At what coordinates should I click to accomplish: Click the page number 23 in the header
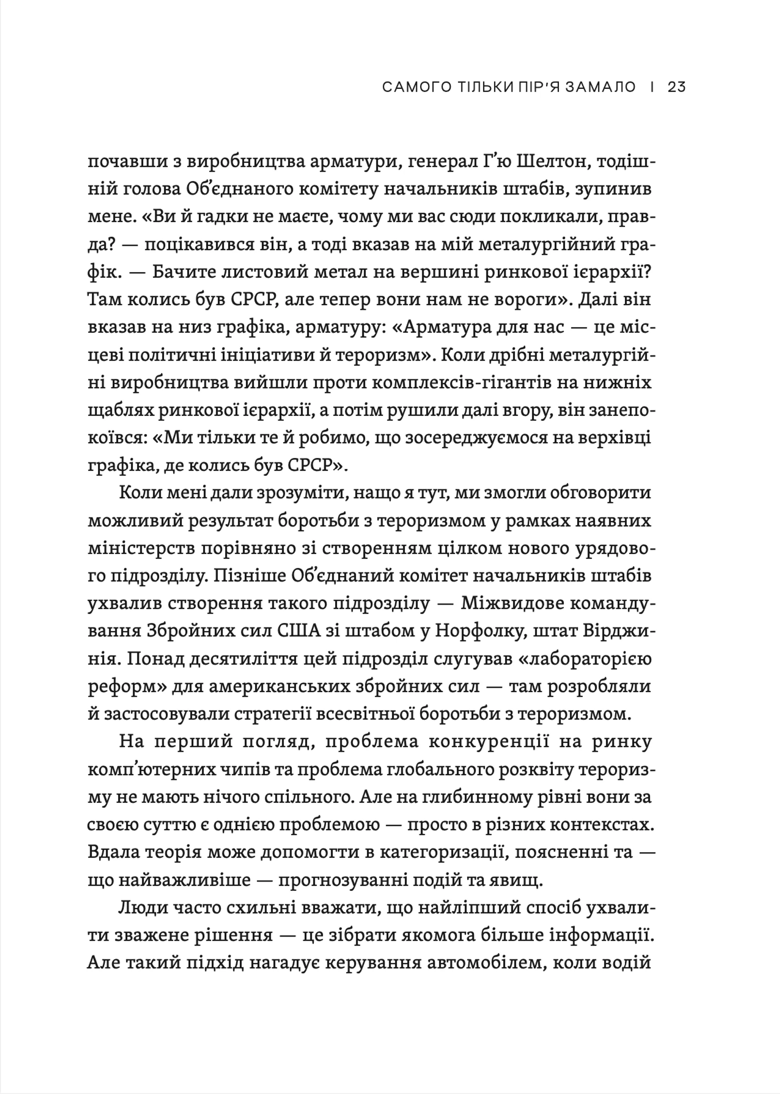point(676,87)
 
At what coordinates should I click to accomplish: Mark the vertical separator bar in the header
point(651,87)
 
